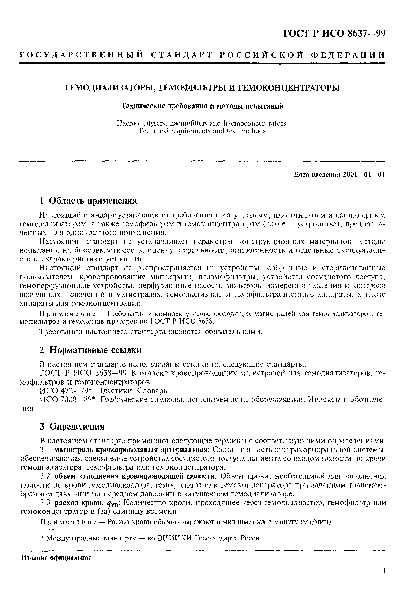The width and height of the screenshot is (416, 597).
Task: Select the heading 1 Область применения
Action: (x=88, y=201)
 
